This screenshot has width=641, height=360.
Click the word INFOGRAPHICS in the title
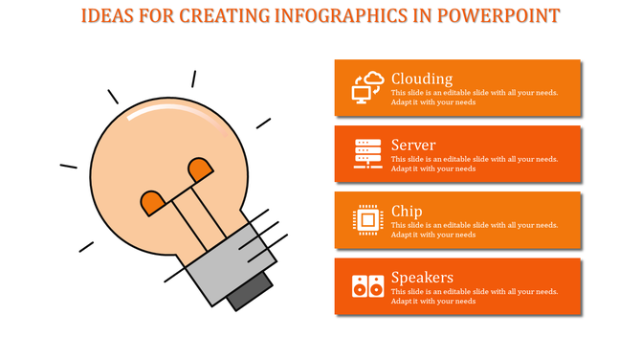point(355,16)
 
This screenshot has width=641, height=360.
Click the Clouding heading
point(422,79)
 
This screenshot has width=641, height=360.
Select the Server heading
point(413,145)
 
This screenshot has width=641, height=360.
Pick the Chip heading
point(407,211)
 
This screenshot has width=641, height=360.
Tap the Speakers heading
point(422,278)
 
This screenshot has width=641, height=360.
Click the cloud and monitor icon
point(367,87)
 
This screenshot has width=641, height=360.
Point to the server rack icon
point(367,153)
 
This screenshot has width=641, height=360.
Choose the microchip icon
point(367,219)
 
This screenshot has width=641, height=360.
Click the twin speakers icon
point(367,285)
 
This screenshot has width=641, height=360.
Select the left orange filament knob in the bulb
point(152,202)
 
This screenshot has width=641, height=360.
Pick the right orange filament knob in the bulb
point(200,169)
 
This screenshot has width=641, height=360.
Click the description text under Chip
point(474,230)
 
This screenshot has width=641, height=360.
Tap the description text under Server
point(474,164)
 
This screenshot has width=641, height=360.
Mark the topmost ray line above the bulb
point(193,79)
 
